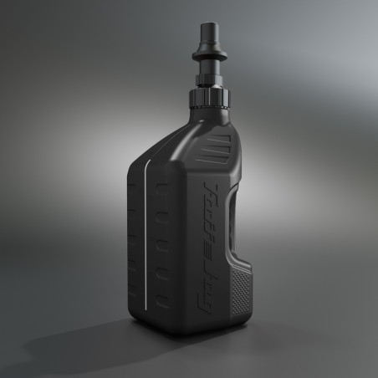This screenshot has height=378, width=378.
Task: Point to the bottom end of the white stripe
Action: [151, 331]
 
